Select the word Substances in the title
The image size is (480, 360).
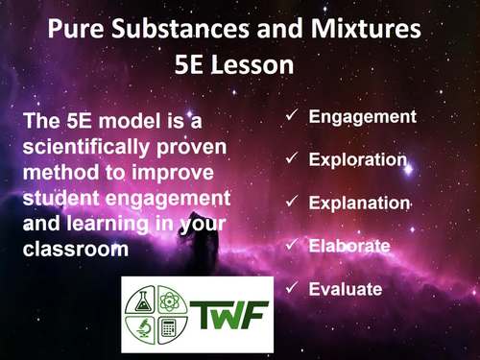pos(188,32)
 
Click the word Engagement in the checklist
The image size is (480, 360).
pos(362,117)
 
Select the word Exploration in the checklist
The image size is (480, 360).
pos(358,159)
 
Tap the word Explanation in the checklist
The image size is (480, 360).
pos(359,203)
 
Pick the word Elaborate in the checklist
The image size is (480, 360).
pos(349,246)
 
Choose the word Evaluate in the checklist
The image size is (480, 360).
pos(346,288)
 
